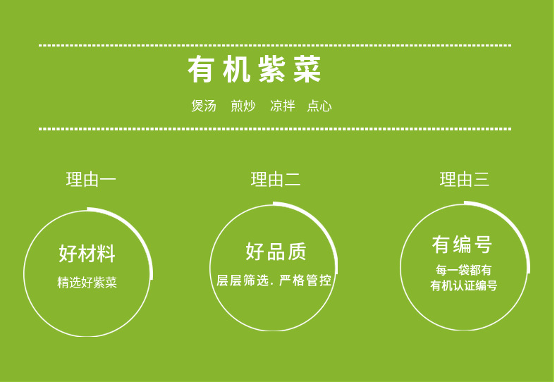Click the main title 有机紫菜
pos(255,69)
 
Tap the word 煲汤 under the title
pos(204,106)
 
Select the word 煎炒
pos(243,106)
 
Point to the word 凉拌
pos(283,106)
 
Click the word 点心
pos(319,106)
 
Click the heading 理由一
pos(91,179)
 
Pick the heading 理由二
pos(276,179)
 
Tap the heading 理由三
pos(465,179)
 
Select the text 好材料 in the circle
pos(87,254)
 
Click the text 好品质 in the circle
pos(276,252)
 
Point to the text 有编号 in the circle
pos(462,245)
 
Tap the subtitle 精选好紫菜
pos(87,283)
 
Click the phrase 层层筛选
pos(243,281)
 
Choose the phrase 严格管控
pos(305,281)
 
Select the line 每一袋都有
pos(463,270)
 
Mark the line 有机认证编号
pos(463,285)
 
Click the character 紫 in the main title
pos(271,69)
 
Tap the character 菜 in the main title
pos(307,69)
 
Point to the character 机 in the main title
pos(237,69)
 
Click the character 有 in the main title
pos(201,69)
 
